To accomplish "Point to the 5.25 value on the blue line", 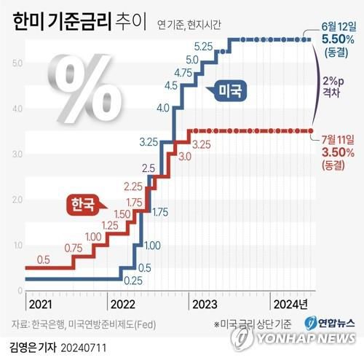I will [204, 47].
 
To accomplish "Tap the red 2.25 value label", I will [132, 186].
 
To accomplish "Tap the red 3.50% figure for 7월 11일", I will [337, 152].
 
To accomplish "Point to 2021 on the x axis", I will [40, 304].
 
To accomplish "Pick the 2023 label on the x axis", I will [204, 304].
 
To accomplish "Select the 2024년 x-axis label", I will [289, 304].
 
